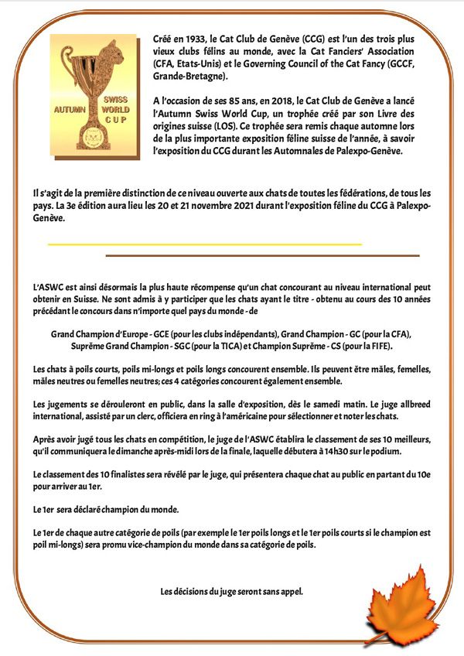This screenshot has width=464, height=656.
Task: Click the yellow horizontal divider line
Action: [x=205, y=244]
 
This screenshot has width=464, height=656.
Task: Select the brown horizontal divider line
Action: [x=262, y=255]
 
